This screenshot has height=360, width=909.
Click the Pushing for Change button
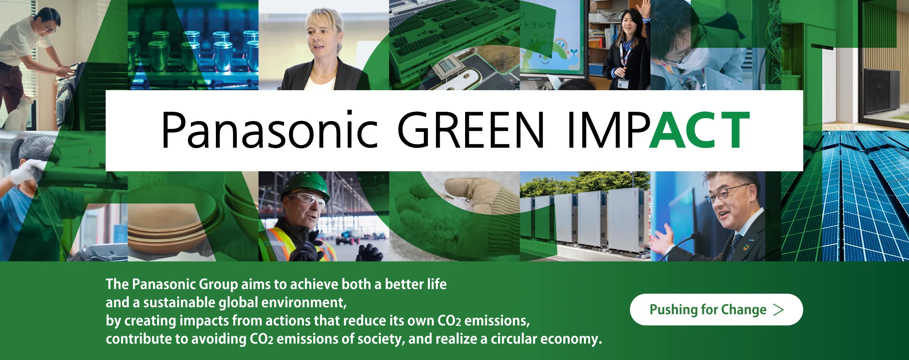(x=716, y=309)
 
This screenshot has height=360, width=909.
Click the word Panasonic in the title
(x=270, y=130)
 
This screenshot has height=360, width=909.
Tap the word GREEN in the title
(x=470, y=130)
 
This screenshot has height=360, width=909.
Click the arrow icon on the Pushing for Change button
(x=778, y=310)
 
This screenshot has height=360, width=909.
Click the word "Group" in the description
(x=218, y=285)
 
